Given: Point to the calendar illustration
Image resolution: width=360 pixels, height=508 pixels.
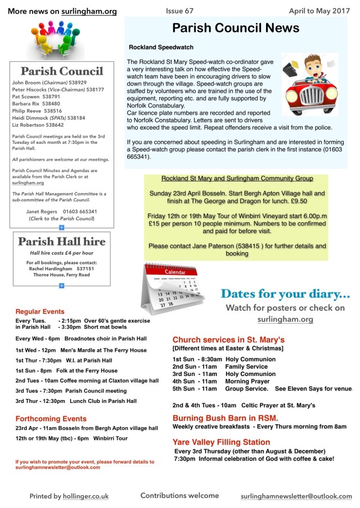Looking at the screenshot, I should click(x=171, y=289).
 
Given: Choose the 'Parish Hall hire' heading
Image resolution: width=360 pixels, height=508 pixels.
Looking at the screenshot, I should click(x=62, y=242).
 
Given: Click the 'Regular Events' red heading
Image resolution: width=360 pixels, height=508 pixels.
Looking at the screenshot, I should click(x=40, y=311).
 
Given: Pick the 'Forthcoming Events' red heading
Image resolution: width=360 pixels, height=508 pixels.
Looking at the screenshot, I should click(x=51, y=419).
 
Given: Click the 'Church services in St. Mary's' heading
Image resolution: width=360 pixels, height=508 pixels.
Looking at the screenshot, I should click(x=228, y=340).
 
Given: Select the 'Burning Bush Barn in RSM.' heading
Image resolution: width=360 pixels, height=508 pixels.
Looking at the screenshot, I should click(x=220, y=418).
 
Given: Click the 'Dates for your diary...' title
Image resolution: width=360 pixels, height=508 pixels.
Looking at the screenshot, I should click(x=285, y=294).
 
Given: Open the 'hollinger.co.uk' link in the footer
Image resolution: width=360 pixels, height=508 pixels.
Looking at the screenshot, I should click(x=85, y=496).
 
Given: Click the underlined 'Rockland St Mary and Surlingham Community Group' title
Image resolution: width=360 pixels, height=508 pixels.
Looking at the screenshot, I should click(x=237, y=178).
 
